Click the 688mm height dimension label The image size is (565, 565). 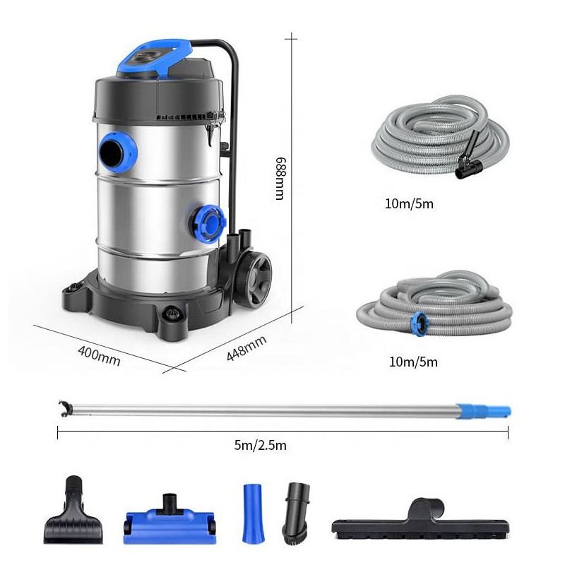tap(280, 178)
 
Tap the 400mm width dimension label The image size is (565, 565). tap(99, 356)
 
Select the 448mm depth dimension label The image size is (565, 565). tap(246, 348)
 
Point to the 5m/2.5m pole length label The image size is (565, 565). tap(260, 446)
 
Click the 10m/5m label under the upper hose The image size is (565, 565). tap(409, 204)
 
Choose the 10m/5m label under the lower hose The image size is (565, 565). tap(413, 362)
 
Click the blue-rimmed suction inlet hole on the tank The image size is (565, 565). tap(117, 153)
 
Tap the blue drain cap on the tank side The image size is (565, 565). tap(207, 224)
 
